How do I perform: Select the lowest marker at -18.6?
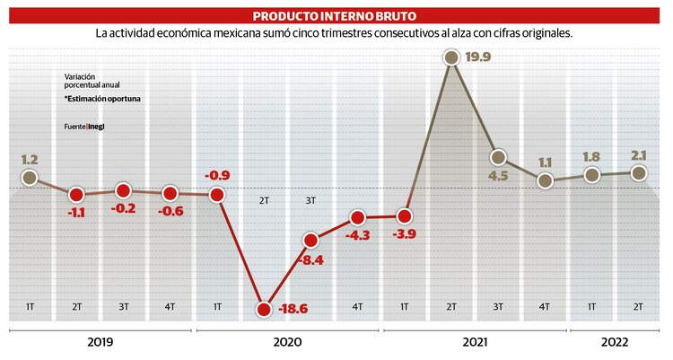coord(264,309)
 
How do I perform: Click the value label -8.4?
coord(312,261)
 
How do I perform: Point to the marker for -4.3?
coord(357,218)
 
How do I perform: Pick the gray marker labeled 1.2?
coord(30,178)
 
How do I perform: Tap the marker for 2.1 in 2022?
coord(638,172)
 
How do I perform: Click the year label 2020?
coord(287,343)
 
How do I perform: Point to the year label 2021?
coord(476,343)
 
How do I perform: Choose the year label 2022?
coord(616,343)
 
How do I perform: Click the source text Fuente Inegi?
coord(90,127)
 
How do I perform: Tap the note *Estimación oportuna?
coord(101,99)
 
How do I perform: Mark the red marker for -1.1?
coord(76,194)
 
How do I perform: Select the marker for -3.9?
coord(404,216)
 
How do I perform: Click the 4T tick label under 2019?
coord(170,307)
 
